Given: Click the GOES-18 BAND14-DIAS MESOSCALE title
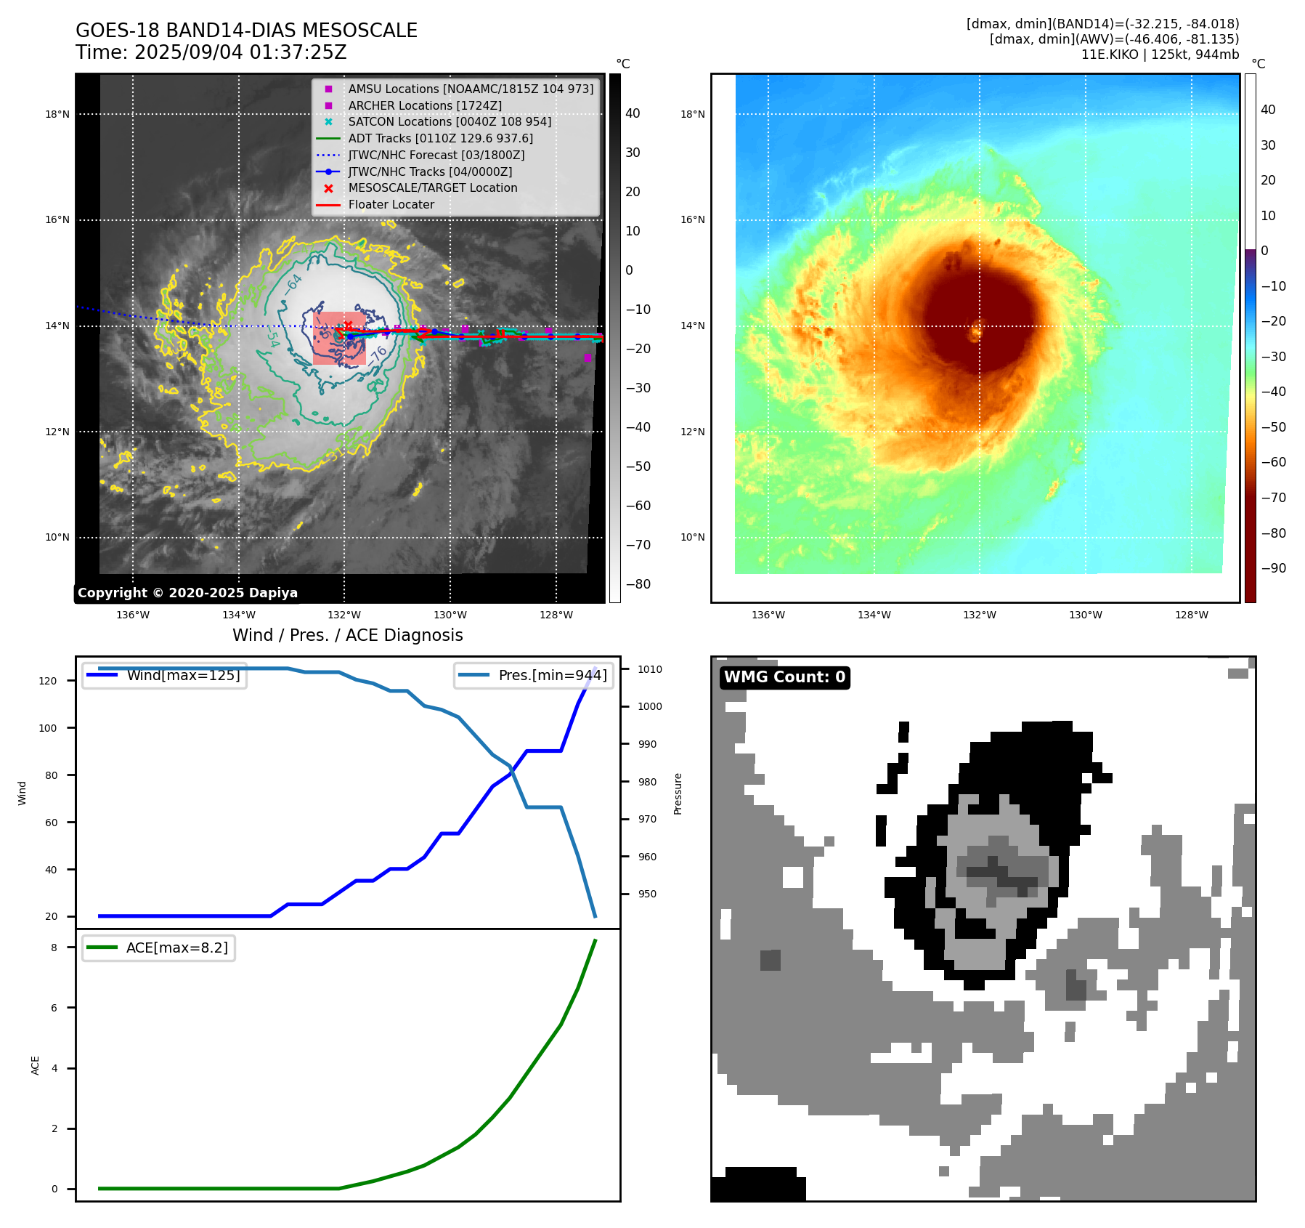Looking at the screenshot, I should [x=246, y=31].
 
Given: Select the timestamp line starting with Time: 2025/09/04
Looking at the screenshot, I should [x=211, y=53].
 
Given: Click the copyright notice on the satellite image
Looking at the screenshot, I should [x=187, y=593].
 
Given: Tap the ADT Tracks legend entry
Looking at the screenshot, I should [x=440, y=138].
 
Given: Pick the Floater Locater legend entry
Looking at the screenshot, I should [x=391, y=205].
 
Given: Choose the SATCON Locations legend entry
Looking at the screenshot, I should [x=449, y=121].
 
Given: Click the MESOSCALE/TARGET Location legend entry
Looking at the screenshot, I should [x=432, y=187].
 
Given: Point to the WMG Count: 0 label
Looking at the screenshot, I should [x=784, y=677].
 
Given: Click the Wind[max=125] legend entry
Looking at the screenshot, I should [x=183, y=675].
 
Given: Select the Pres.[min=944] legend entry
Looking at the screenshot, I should [x=552, y=675].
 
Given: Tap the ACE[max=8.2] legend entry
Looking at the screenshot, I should [x=176, y=948].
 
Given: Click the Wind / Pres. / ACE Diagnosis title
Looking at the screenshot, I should [x=347, y=635].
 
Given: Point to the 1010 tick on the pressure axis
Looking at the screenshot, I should [x=650, y=669].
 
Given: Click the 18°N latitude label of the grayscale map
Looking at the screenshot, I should [x=57, y=114].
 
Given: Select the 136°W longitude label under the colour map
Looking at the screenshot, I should [x=768, y=615].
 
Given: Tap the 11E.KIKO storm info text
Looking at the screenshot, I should [x=1160, y=54].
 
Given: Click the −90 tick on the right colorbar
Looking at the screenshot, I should [x=1273, y=568].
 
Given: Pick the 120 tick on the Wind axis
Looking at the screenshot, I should [x=48, y=681].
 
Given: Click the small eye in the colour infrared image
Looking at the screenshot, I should [x=975, y=332].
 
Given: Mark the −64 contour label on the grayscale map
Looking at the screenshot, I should [x=293, y=283].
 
